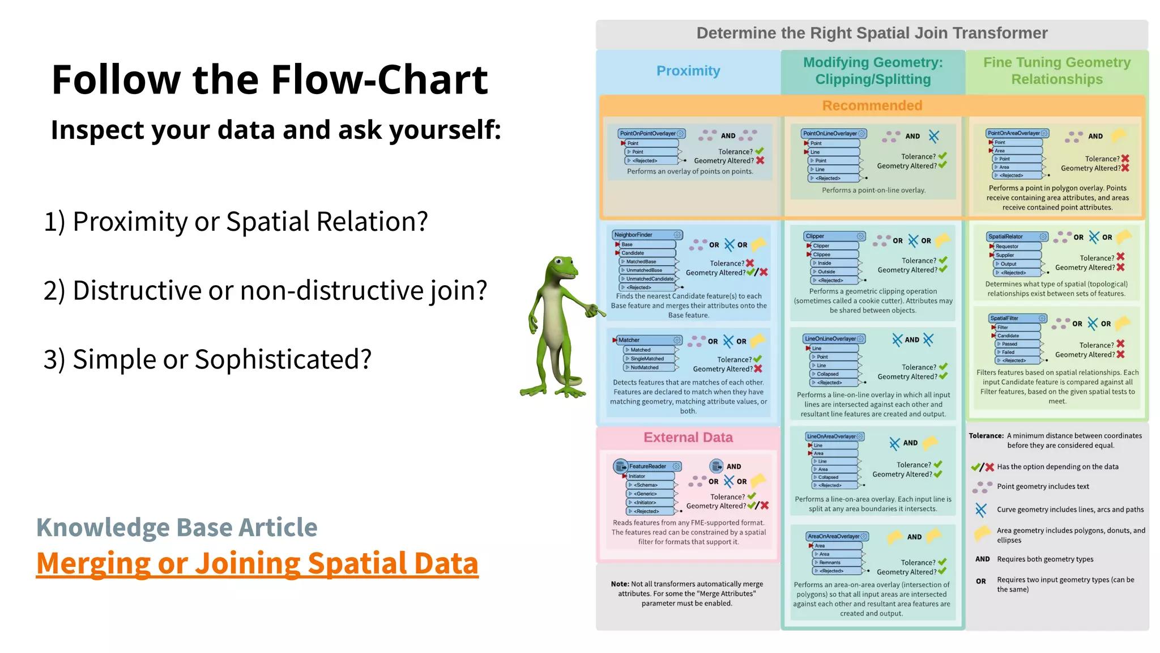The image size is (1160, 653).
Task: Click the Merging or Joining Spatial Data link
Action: [x=257, y=563]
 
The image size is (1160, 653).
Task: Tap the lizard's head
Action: [x=560, y=266]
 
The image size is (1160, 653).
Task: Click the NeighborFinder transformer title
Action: [x=634, y=235]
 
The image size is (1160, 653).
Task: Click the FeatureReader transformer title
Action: [x=647, y=467]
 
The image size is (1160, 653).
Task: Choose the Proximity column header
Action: [x=688, y=71]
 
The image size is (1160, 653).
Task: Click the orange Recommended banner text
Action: [x=872, y=105]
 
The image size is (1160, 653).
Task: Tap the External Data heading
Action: [x=688, y=437]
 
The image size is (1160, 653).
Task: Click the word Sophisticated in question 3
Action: [x=283, y=359]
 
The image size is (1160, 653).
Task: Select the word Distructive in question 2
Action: [x=136, y=290]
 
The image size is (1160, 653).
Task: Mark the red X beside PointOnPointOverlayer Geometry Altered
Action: [x=761, y=161]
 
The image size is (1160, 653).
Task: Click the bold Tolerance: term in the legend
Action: [x=986, y=436]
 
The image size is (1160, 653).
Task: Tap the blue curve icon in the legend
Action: [x=981, y=510]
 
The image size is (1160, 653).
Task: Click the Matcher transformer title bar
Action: [x=646, y=340]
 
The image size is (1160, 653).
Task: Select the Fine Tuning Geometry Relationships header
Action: [x=1057, y=71]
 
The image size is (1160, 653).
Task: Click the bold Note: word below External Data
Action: [x=620, y=584]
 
